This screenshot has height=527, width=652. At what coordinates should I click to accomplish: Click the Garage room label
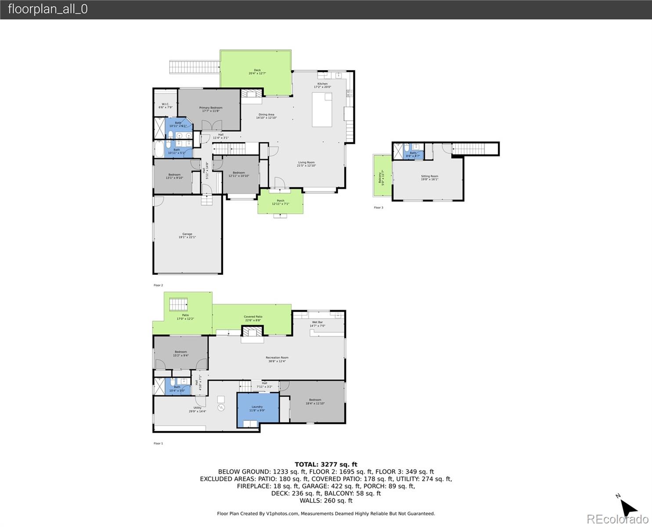(187, 236)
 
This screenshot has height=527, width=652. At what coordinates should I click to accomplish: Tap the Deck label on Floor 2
(257, 72)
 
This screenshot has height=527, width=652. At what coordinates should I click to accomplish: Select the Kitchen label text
(322, 85)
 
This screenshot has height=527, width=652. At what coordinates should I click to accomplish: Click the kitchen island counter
(322, 110)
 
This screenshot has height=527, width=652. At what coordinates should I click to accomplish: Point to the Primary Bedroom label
(210, 109)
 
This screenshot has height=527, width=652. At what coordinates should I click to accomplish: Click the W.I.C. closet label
(165, 106)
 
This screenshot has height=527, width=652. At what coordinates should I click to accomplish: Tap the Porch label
(280, 202)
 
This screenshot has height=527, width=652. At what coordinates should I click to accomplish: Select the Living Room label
(306, 164)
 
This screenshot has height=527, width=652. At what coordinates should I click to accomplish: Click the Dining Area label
(266, 116)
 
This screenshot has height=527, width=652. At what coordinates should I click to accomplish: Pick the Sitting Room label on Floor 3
(429, 178)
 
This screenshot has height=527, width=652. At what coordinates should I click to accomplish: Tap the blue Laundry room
(257, 409)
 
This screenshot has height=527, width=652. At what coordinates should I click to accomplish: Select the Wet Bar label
(317, 324)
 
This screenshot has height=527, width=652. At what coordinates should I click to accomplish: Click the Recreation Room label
(277, 359)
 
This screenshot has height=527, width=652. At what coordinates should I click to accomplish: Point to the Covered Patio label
(253, 318)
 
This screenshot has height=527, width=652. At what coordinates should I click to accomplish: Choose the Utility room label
(197, 409)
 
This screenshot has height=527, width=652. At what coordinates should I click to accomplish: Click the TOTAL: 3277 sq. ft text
(326, 464)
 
